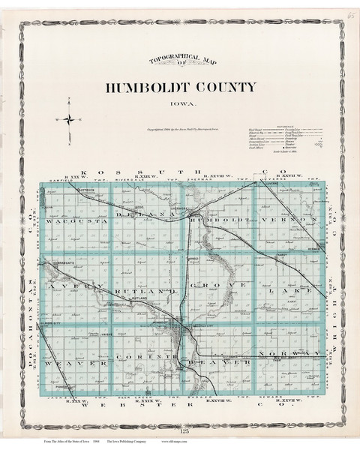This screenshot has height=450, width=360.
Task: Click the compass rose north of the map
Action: click(x=69, y=118)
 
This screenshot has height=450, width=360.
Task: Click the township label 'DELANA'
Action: click(x=143, y=214)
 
